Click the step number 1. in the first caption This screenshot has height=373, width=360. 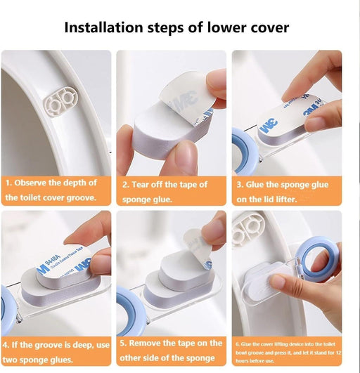(9, 183)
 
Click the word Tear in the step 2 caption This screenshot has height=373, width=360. (142, 185)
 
